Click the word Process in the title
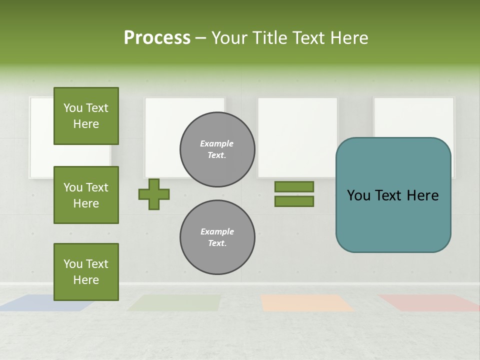click(x=157, y=38)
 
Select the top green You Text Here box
click(x=86, y=116)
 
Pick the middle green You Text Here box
click(x=86, y=195)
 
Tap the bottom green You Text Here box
click(x=86, y=272)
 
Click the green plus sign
click(x=154, y=194)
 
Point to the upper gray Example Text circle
click(x=217, y=149)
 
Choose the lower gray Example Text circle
click(x=217, y=237)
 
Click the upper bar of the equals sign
click(x=294, y=187)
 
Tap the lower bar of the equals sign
click(x=294, y=201)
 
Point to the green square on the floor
click(x=174, y=302)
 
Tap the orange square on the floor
click(x=306, y=302)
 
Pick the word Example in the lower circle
click(x=217, y=232)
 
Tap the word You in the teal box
click(x=358, y=195)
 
